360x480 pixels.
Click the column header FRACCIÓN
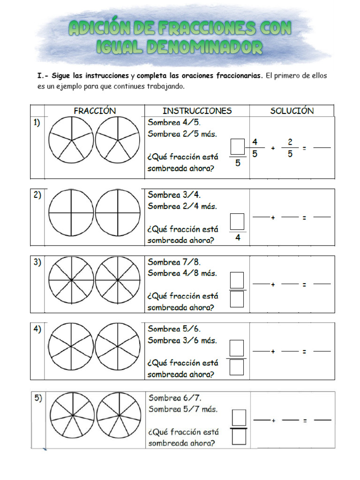[x=95, y=111]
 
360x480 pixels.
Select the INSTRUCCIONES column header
[x=197, y=111]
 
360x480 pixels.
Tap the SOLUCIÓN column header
[x=292, y=111]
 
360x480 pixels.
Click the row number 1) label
[x=37, y=123]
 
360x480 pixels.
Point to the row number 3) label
[x=37, y=263]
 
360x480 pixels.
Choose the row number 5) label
[x=38, y=398]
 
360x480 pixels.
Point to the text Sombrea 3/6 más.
[x=182, y=340]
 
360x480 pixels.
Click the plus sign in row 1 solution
[x=273, y=148]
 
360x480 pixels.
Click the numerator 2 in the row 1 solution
[x=290, y=142]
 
